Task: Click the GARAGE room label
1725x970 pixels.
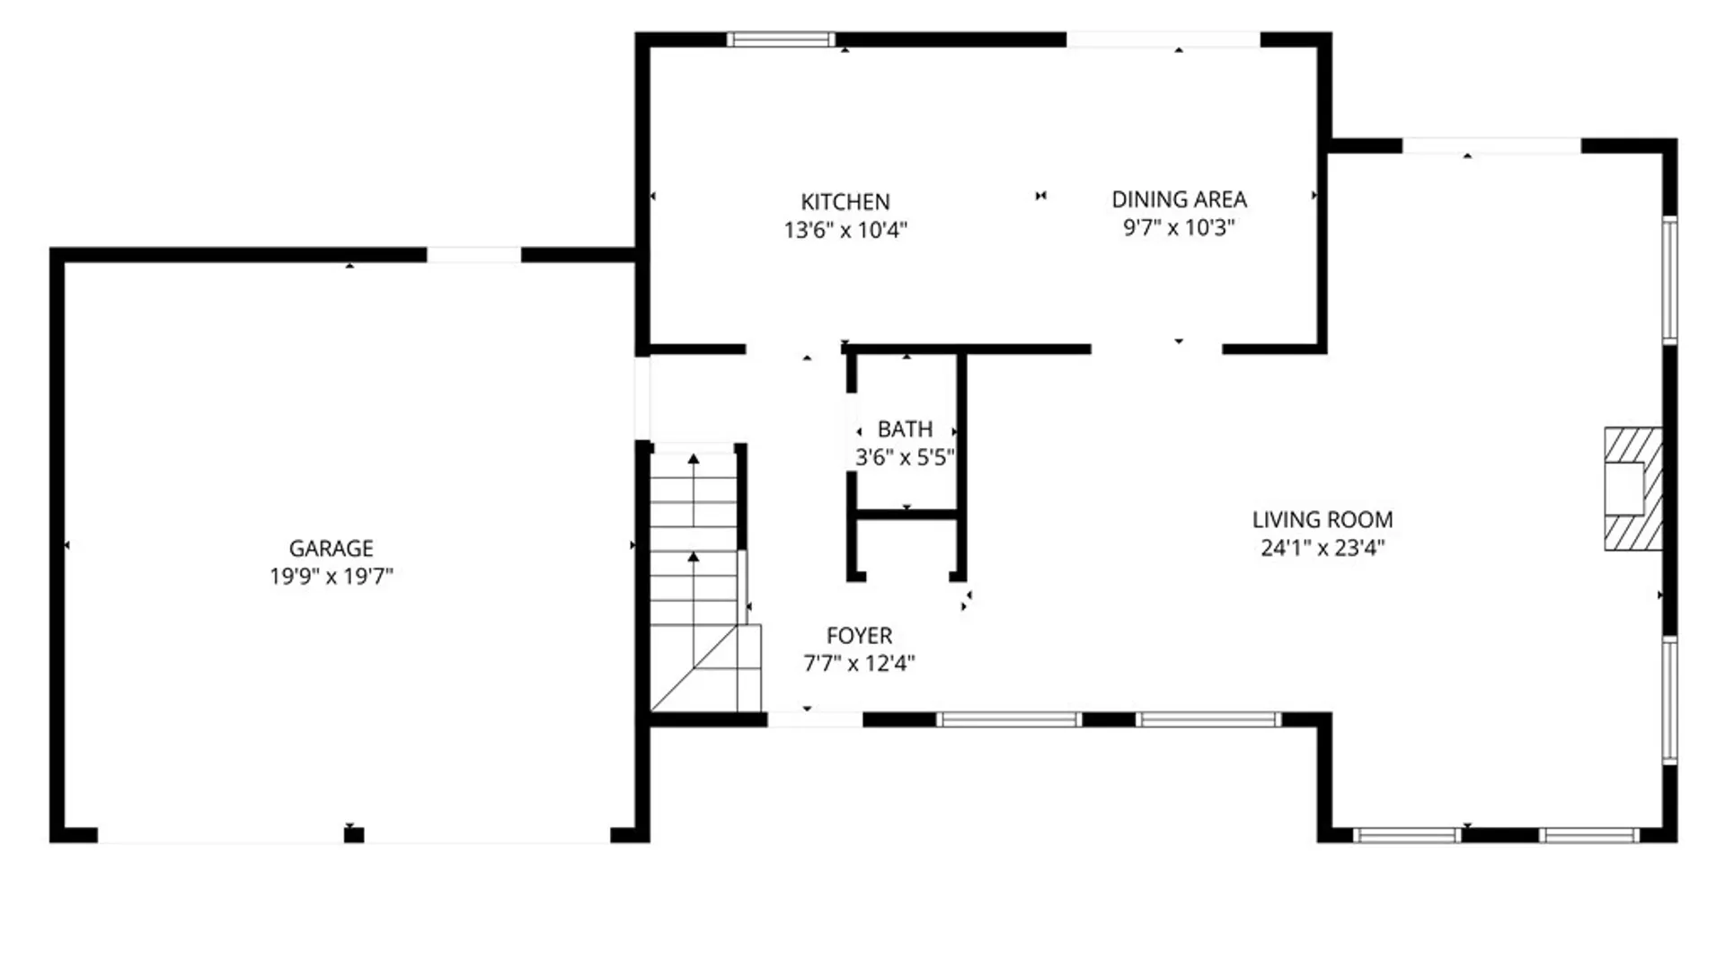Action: point(331,548)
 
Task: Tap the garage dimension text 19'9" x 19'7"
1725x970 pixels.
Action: point(331,577)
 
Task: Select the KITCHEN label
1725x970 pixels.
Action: point(845,202)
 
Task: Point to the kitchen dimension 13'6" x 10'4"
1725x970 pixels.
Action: point(845,231)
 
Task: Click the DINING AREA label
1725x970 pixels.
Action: point(1179,199)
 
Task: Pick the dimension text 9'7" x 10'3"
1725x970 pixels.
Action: point(1179,227)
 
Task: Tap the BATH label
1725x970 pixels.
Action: point(905,429)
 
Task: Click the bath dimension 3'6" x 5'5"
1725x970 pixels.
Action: point(905,457)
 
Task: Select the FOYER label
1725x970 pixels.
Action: point(859,636)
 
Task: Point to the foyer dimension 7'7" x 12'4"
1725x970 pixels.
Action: point(859,664)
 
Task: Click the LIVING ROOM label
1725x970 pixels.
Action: point(1322,520)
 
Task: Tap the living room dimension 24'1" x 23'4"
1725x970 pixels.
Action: point(1322,548)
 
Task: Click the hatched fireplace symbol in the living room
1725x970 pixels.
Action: point(1631,489)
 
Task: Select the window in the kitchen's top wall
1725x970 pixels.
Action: point(780,40)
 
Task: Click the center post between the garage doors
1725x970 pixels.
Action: point(354,835)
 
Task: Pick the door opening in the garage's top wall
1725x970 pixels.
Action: point(473,255)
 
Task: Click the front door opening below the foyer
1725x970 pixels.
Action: point(814,719)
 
